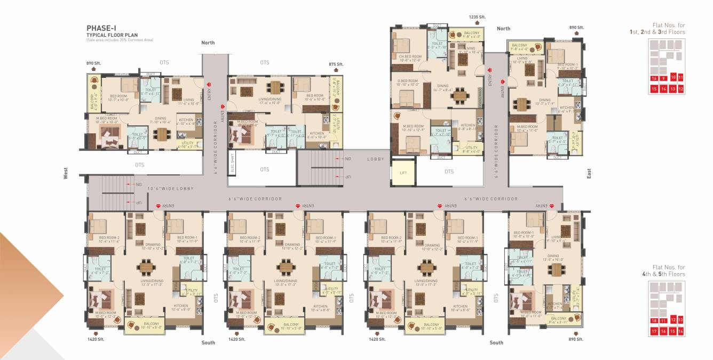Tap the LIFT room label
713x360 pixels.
coord(403,173)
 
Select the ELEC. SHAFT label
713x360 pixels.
coord(233,163)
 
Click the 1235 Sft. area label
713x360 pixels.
coord(477,17)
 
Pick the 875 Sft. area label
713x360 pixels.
coord(336,64)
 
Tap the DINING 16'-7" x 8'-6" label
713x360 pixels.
coord(443,88)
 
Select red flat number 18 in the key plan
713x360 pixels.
coord(654,321)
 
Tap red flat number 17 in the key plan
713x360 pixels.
coord(654,331)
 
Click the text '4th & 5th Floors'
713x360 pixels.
coord(667,274)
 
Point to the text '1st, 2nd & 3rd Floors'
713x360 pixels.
coord(657,32)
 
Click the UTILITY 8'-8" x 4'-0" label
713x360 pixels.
coord(472,149)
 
